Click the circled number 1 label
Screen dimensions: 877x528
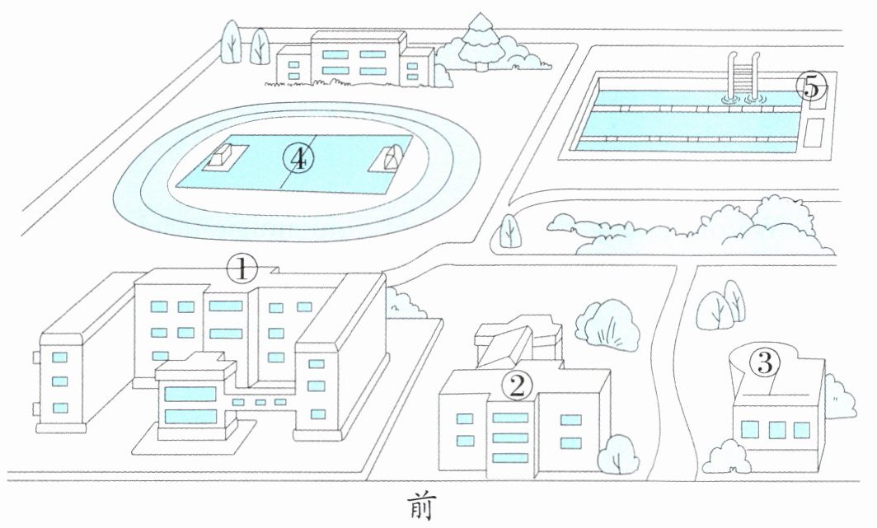click(x=242, y=268)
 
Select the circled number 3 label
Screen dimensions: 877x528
click(x=765, y=362)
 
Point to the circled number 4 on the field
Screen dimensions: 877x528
click(x=298, y=157)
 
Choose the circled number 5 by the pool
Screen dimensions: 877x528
click(x=811, y=86)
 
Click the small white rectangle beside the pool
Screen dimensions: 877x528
click(x=816, y=133)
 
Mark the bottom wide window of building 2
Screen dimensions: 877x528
click(x=510, y=457)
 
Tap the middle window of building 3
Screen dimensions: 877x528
click(x=776, y=430)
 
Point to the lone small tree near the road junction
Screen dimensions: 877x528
click(x=509, y=231)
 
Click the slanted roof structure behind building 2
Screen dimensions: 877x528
click(x=514, y=340)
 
